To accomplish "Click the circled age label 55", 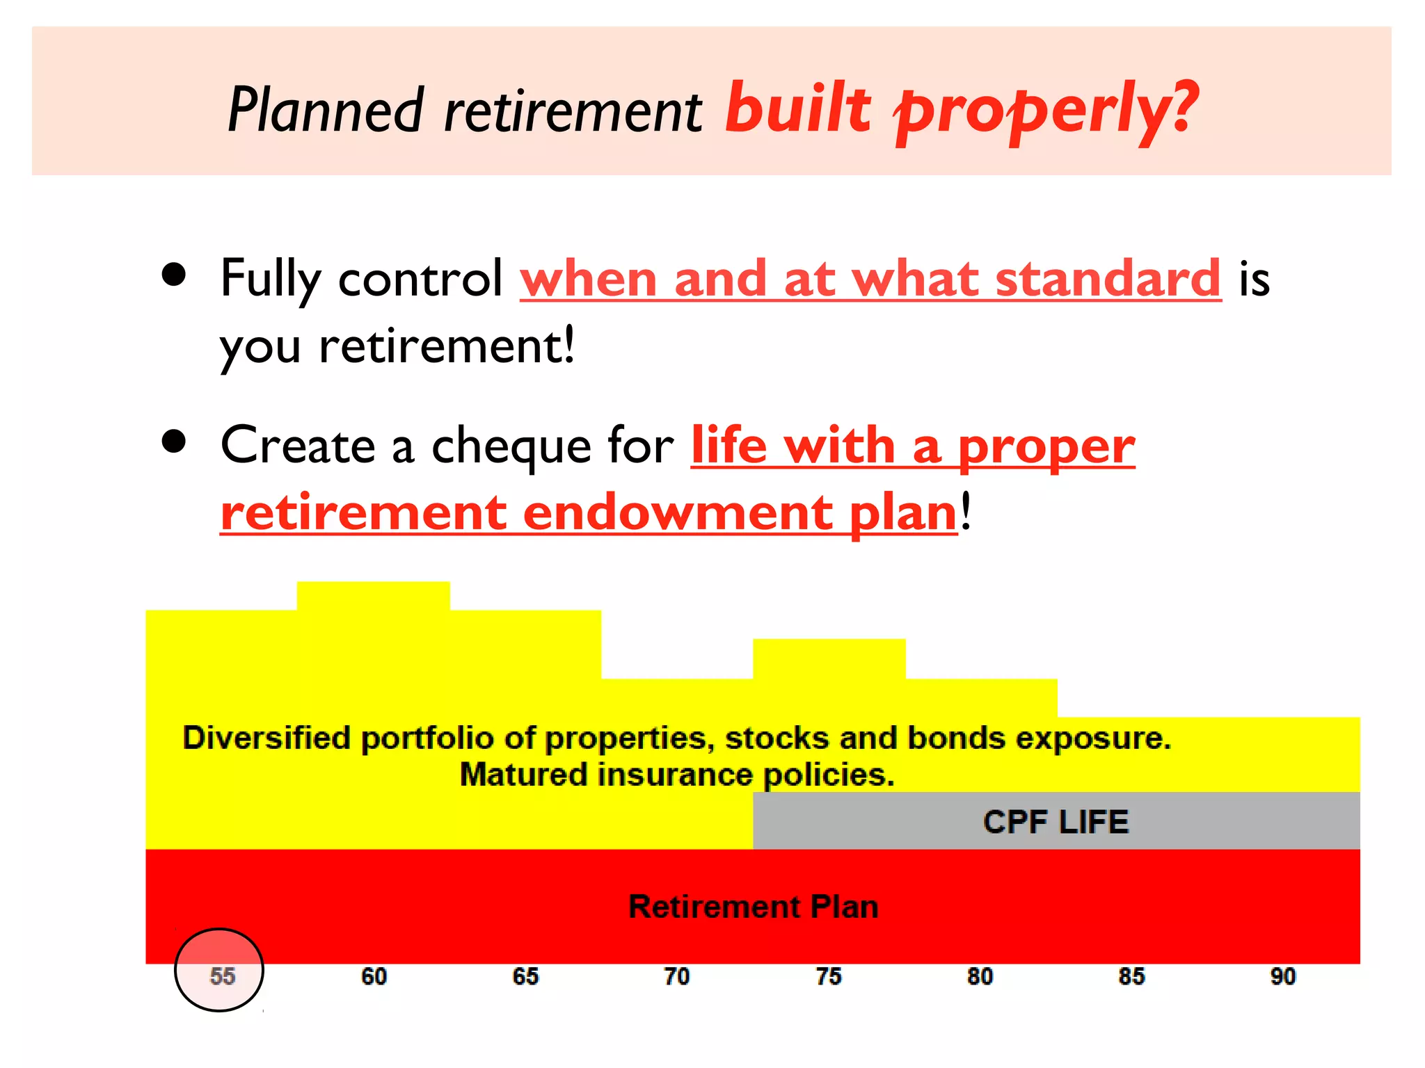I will click(222, 976).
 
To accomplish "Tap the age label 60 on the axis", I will click(374, 976).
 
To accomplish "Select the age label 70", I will click(676, 976).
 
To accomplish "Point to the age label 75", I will click(828, 976).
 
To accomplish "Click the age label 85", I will click(1131, 976).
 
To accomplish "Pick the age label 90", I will click(1283, 976).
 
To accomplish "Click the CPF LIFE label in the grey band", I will click(1056, 822).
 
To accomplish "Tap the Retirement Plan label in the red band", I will click(753, 907).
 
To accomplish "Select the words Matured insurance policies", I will click(676, 775).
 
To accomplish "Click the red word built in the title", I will click(797, 108).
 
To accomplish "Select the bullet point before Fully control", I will click(174, 275).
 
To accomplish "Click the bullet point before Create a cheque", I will click(174, 442).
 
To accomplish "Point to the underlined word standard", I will click(1108, 278).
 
